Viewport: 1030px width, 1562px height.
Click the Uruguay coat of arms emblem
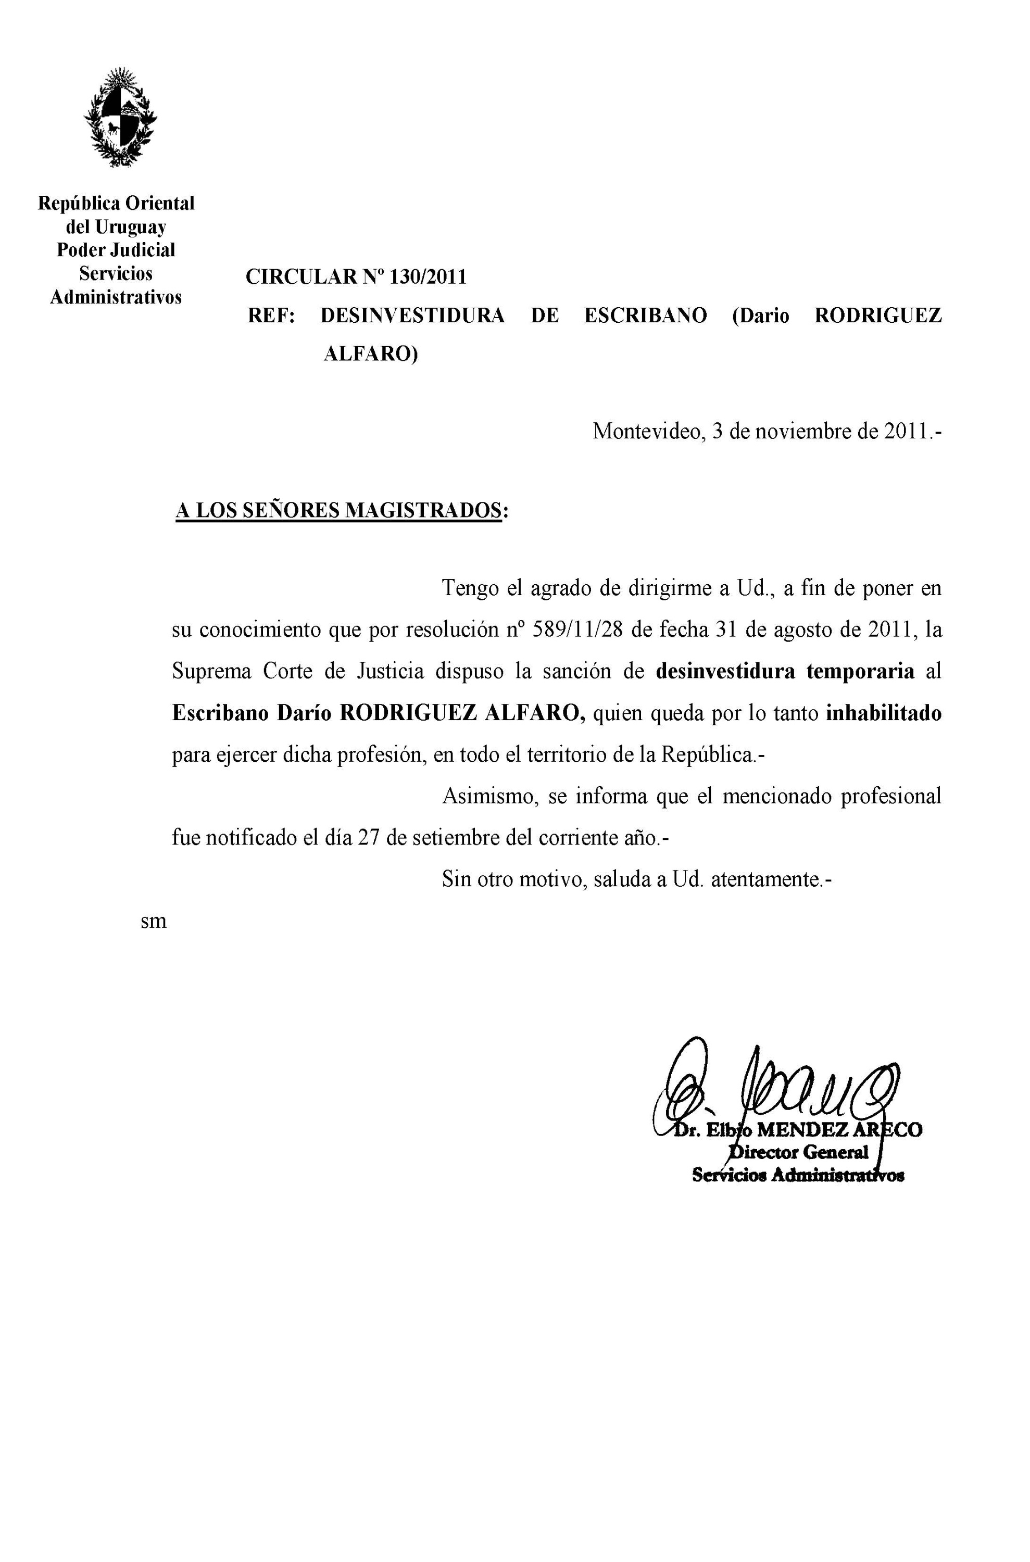coord(120,117)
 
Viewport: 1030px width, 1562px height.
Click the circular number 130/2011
coord(428,277)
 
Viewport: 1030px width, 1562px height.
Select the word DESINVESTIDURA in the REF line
coord(412,316)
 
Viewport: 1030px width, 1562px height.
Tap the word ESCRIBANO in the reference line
coord(645,316)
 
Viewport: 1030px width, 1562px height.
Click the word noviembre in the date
coord(802,432)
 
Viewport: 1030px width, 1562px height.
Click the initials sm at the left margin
coord(154,921)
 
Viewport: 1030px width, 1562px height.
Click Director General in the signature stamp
coord(798,1152)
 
